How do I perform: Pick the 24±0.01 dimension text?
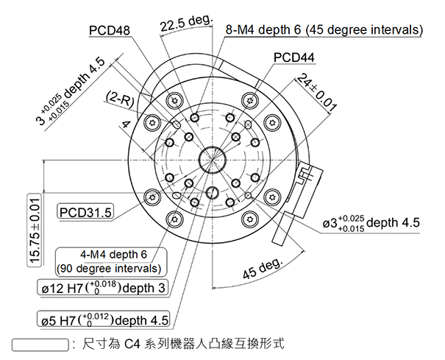point(317,93)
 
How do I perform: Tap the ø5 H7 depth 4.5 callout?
point(104,320)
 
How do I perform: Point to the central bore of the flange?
point(213,157)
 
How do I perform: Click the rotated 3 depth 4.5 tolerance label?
point(71,92)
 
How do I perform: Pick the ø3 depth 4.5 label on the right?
point(371,223)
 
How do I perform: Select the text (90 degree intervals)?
point(110,267)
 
